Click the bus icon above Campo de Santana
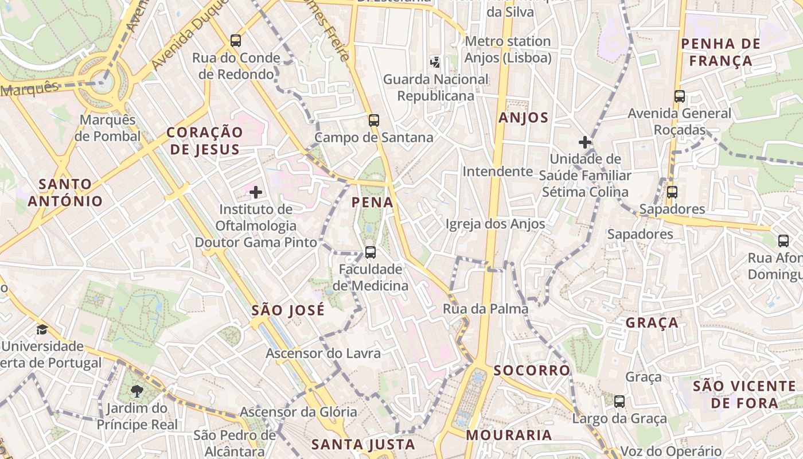pyautogui.click(x=374, y=120)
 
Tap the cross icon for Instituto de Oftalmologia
pyautogui.click(x=256, y=192)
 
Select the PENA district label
pyautogui.click(x=373, y=202)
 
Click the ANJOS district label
pyautogui.click(x=523, y=118)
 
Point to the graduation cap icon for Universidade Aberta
pyautogui.click(x=42, y=329)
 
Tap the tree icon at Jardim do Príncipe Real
pyautogui.click(x=137, y=391)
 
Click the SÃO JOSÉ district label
pyautogui.click(x=288, y=310)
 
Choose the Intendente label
pyautogui.click(x=498, y=171)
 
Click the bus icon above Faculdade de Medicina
pyautogui.click(x=371, y=252)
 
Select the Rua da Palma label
pyautogui.click(x=485, y=309)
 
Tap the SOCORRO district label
pyautogui.click(x=532, y=370)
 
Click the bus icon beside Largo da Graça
pyautogui.click(x=619, y=402)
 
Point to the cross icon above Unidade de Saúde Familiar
pyautogui.click(x=585, y=142)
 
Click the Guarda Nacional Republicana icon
pyautogui.click(x=436, y=61)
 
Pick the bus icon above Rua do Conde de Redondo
pyautogui.click(x=236, y=40)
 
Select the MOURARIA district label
pyautogui.click(x=509, y=435)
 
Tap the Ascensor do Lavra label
pyautogui.click(x=323, y=353)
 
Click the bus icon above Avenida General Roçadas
pyautogui.click(x=680, y=96)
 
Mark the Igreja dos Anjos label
pyautogui.click(x=495, y=224)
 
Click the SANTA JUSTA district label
pyautogui.click(x=362, y=444)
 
